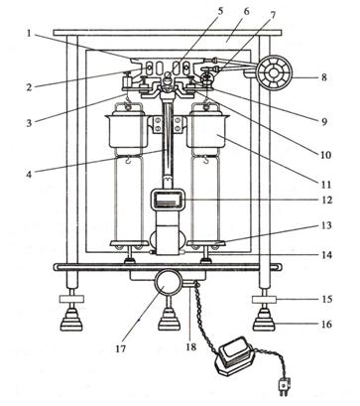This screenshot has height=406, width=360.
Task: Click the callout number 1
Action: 29,33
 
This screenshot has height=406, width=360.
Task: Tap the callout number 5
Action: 220,10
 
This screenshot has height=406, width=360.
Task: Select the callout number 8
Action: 323,77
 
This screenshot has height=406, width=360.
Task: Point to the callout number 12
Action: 327,200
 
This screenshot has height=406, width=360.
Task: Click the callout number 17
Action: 121,348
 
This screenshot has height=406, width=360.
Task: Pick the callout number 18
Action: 191,346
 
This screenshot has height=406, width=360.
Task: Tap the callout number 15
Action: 327,299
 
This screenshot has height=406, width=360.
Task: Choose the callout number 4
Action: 29,174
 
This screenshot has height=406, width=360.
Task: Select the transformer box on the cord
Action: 234,355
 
